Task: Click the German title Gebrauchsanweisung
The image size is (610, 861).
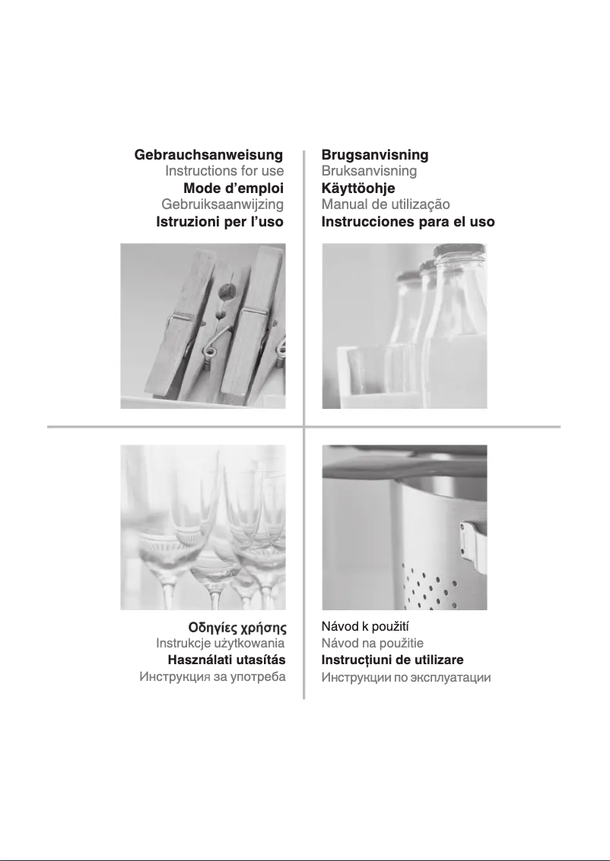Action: pos(209,155)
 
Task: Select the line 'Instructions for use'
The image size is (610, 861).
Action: pos(224,171)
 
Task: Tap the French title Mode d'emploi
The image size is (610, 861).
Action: pos(234,188)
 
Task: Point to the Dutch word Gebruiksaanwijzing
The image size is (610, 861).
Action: pos(223,205)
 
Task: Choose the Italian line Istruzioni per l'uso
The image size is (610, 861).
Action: pos(220,222)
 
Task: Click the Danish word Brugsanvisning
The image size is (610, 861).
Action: pos(375,155)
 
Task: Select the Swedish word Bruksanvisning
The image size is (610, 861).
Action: pos(370,171)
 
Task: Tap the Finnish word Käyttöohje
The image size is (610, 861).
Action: pos(358,188)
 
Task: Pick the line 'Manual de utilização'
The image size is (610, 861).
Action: pos(386,205)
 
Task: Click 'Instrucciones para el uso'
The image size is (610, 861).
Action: pos(408,222)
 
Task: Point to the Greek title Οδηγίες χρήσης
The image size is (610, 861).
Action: pos(237,628)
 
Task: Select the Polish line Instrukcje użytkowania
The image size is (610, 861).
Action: pos(221,643)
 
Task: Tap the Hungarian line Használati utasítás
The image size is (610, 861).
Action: pos(227,660)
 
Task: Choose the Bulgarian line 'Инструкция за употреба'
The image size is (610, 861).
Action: pos(213,676)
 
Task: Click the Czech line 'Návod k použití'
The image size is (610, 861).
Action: pos(365,626)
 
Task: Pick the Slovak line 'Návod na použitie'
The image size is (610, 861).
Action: pos(373,643)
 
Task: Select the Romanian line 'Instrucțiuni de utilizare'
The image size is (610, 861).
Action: pos(392,660)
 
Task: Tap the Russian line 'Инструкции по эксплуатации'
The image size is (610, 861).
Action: pos(406,677)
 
